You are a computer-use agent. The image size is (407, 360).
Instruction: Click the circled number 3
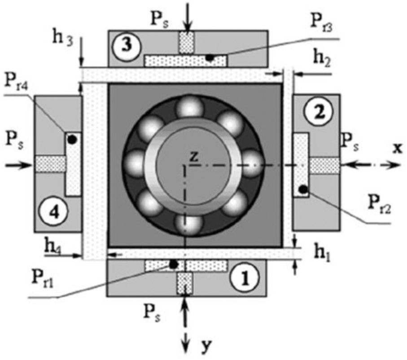click(x=126, y=47)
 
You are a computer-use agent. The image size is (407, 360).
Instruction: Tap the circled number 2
click(x=319, y=112)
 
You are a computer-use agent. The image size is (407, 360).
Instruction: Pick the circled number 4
click(x=54, y=212)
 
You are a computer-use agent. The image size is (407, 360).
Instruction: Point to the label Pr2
click(x=380, y=206)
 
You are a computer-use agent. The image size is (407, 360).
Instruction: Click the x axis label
click(x=397, y=148)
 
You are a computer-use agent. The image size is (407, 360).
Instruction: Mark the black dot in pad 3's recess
click(x=210, y=57)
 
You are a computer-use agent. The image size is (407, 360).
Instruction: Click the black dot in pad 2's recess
click(x=302, y=189)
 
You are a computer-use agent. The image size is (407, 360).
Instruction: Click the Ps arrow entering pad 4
click(x=19, y=165)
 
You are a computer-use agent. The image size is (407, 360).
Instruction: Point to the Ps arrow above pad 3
click(x=188, y=16)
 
